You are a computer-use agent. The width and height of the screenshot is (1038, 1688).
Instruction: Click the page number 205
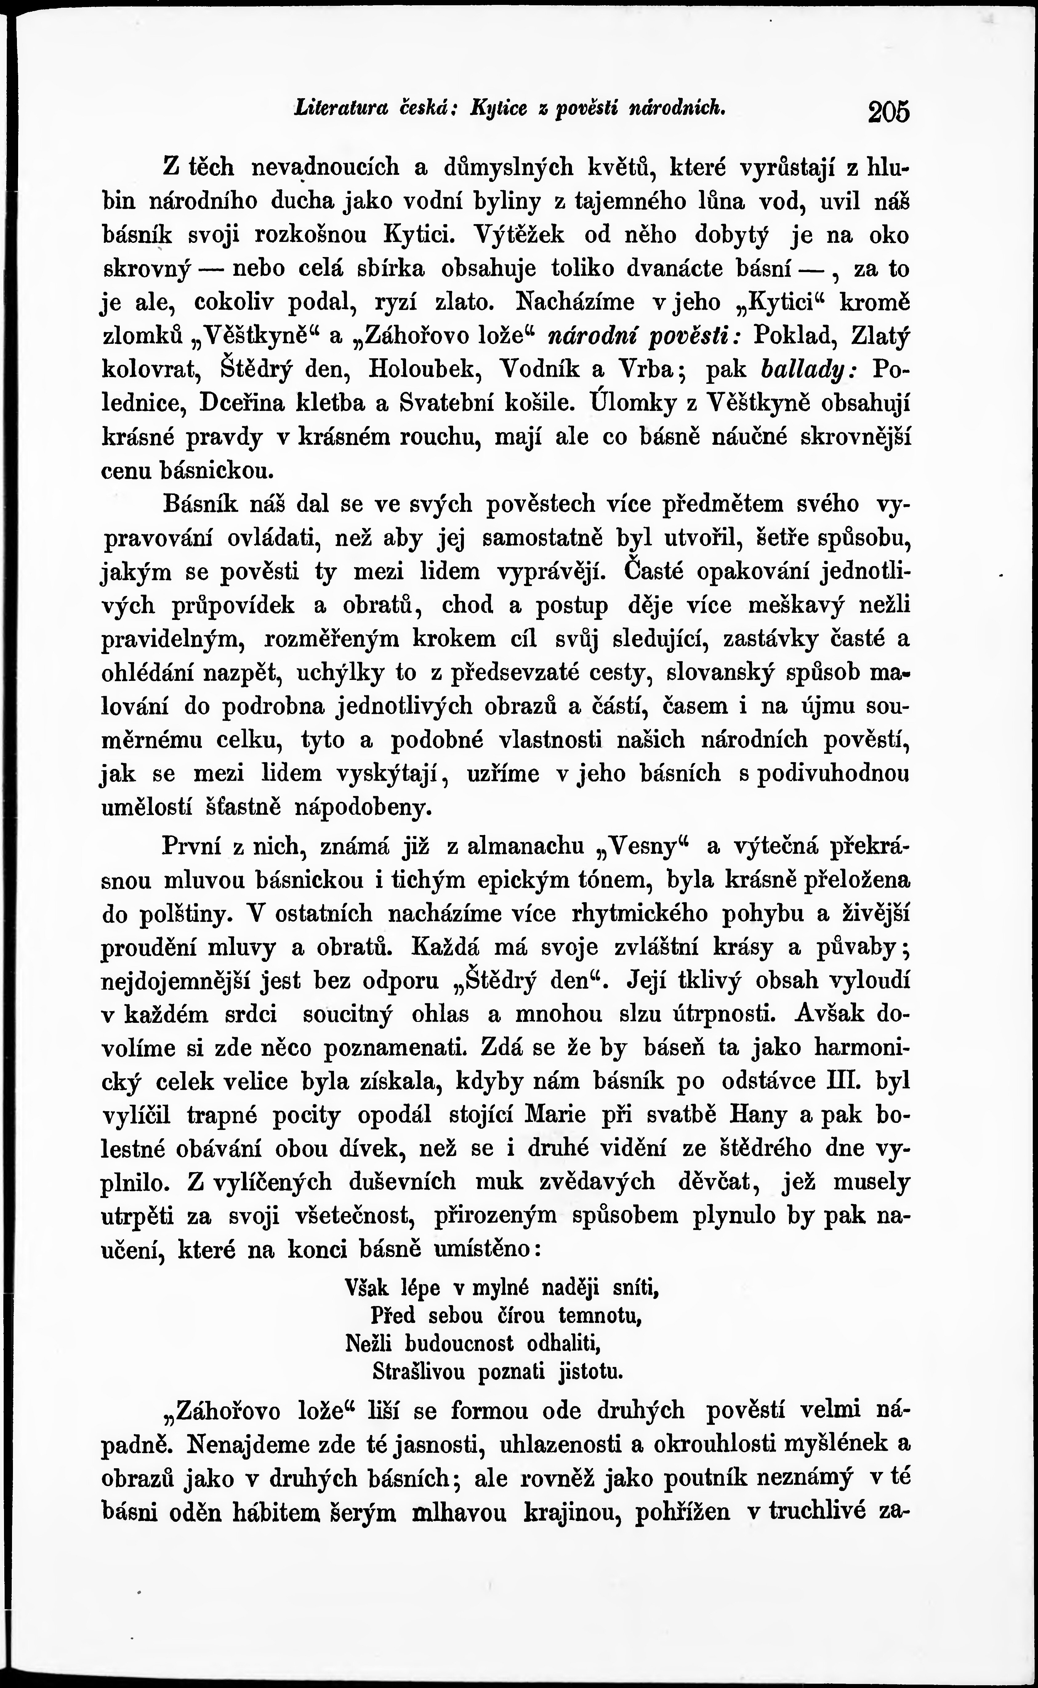tap(888, 111)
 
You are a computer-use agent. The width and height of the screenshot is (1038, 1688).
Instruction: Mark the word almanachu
tap(525, 846)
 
